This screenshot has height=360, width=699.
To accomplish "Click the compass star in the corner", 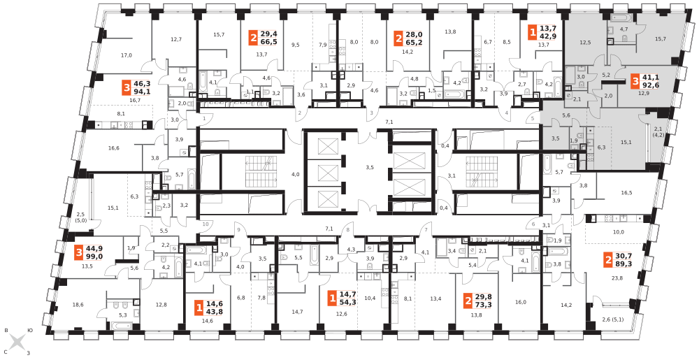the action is pyautogui.click(x=17, y=343).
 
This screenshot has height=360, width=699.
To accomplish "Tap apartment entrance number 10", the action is pyautogui.click(x=205, y=224).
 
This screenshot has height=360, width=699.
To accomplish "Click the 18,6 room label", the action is pyautogui.click(x=78, y=305).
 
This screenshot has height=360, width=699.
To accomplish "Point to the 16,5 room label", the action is pyautogui.click(x=626, y=193).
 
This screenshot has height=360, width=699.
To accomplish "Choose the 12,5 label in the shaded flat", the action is pyautogui.click(x=585, y=43).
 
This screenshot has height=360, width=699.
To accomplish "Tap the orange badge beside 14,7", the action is pyautogui.click(x=332, y=298).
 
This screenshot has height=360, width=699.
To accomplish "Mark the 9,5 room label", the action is pyautogui.click(x=295, y=45).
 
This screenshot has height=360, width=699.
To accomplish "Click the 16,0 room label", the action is pyautogui.click(x=521, y=302).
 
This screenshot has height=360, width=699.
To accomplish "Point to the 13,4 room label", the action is pyautogui.click(x=435, y=298).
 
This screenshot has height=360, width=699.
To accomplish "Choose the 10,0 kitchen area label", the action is pyautogui.click(x=619, y=232).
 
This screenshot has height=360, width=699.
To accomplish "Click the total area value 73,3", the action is pyautogui.click(x=483, y=305).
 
